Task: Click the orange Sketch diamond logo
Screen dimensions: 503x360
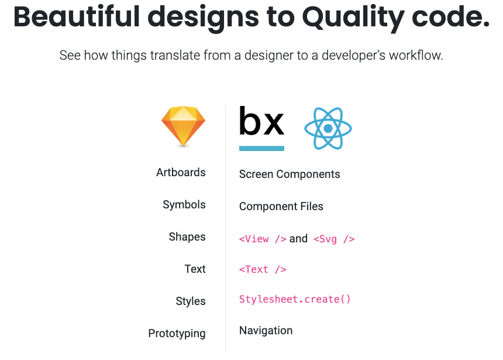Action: (x=183, y=126)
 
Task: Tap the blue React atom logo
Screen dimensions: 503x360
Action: (x=328, y=128)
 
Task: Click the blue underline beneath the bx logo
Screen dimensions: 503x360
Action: (x=261, y=148)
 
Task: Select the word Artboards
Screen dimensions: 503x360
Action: (x=181, y=173)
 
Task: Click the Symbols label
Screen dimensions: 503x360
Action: (x=184, y=204)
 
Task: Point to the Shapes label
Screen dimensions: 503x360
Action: (x=187, y=237)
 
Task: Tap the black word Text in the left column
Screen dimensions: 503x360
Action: (x=195, y=269)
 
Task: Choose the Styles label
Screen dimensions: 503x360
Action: (x=191, y=301)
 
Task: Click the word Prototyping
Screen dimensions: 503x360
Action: (x=177, y=333)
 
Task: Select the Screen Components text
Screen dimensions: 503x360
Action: (x=290, y=174)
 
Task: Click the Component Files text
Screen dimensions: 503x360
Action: (x=281, y=206)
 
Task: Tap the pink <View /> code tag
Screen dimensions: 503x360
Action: (x=263, y=239)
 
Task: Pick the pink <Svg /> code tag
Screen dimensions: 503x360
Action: (x=334, y=239)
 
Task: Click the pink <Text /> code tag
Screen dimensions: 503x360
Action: (x=263, y=269)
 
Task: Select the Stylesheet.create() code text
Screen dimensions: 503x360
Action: (x=295, y=299)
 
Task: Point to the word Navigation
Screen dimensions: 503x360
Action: (x=266, y=331)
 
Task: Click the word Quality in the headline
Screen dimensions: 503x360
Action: (x=353, y=18)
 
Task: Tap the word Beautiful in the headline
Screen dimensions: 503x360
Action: (x=77, y=17)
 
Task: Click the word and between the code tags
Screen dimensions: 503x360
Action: (x=298, y=239)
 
